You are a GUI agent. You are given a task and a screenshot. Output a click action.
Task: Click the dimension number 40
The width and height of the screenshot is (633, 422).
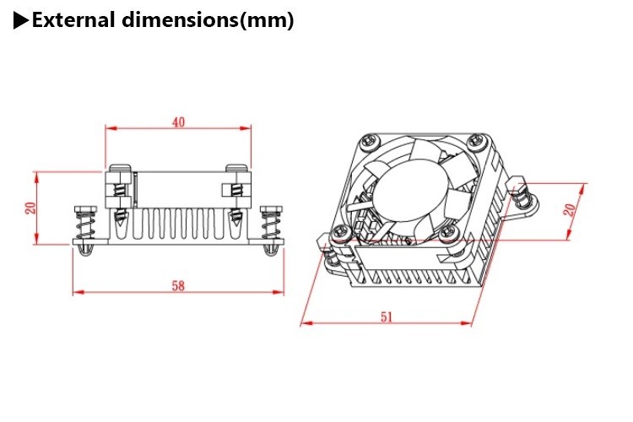pyautogui.click(x=178, y=122)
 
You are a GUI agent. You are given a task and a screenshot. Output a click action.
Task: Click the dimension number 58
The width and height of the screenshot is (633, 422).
pyautogui.click(x=178, y=286)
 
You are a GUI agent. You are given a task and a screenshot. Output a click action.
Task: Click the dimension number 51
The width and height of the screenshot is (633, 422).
pyautogui.click(x=387, y=317)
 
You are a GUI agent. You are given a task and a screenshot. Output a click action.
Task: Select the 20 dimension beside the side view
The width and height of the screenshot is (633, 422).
pyautogui.click(x=31, y=208)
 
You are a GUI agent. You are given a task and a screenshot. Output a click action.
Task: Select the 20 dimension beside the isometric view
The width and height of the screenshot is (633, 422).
pyautogui.click(x=570, y=210)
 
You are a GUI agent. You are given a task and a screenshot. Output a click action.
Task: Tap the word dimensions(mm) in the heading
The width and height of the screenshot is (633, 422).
pyautogui.click(x=208, y=20)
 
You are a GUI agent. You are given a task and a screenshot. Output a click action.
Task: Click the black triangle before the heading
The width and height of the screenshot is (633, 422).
pyautogui.click(x=21, y=20)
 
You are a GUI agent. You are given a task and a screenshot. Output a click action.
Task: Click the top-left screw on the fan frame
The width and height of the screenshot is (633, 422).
pyautogui.click(x=370, y=142)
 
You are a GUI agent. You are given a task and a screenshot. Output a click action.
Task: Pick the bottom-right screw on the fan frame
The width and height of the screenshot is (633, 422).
pyautogui.click(x=446, y=232)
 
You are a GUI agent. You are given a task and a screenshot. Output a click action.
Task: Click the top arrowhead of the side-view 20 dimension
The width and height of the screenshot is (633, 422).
pyautogui.click(x=36, y=178)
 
